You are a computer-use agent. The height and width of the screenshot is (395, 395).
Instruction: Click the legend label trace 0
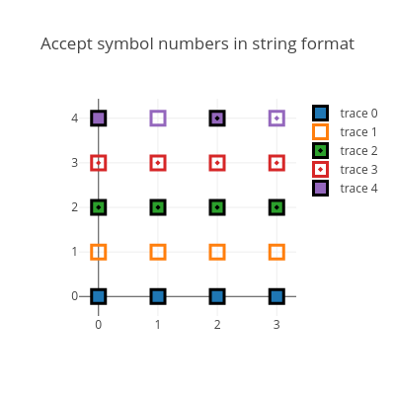(x=358, y=114)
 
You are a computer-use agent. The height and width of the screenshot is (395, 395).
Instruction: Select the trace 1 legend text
(x=358, y=132)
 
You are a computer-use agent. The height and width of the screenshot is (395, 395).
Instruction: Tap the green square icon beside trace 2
(x=320, y=151)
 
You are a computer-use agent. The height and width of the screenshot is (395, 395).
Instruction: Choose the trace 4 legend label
(x=358, y=189)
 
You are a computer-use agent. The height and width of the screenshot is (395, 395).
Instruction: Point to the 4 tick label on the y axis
(x=75, y=118)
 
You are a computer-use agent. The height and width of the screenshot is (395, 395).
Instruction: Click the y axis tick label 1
(x=75, y=252)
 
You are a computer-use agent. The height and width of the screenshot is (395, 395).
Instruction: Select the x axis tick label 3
(x=276, y=325)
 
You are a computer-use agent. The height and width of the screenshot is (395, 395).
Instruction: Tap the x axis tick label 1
(x=158, y=325)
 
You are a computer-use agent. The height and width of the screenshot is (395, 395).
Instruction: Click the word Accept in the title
(x=66, y=44)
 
